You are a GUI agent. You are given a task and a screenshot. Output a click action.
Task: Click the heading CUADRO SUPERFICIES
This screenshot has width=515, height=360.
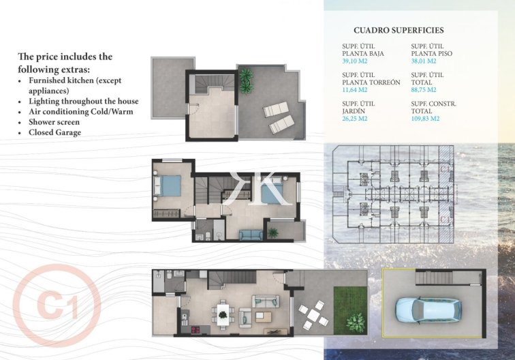tap(399, 31)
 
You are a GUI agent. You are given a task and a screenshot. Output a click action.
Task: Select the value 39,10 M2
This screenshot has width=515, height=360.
tap(355, 61)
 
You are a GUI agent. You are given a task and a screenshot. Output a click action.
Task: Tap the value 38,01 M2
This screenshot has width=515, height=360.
tap(424, 61)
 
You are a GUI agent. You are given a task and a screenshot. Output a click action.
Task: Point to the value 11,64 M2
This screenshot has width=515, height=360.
tap(355, 89)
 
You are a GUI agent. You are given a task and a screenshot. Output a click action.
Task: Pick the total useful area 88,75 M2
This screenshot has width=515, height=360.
tap(424, 89)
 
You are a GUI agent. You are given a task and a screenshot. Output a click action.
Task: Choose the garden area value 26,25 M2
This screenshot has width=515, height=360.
tap(355, 118)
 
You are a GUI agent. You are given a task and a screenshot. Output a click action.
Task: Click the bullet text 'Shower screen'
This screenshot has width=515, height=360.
tap(54, 122)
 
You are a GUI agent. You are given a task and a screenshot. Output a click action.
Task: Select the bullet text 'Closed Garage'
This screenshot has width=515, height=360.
tap(54, 132)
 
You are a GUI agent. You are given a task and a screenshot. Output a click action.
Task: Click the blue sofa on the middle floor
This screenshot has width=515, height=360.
tap(250, 235)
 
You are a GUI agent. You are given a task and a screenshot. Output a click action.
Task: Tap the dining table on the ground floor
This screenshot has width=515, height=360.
tap(222, 313)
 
